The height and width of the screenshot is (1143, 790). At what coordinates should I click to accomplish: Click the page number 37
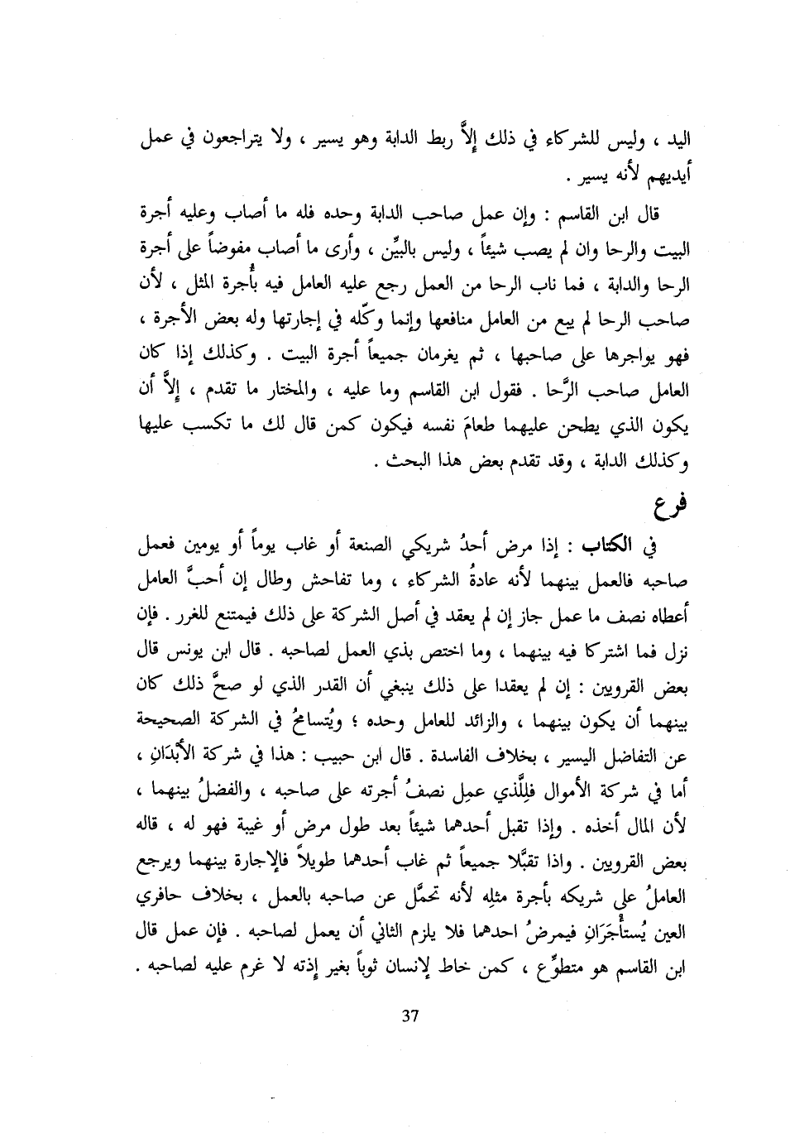click(406, 1040)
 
